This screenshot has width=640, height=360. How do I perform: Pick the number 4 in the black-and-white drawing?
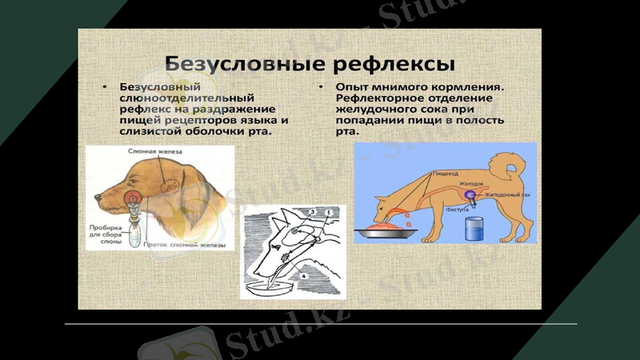coord(303,277)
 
